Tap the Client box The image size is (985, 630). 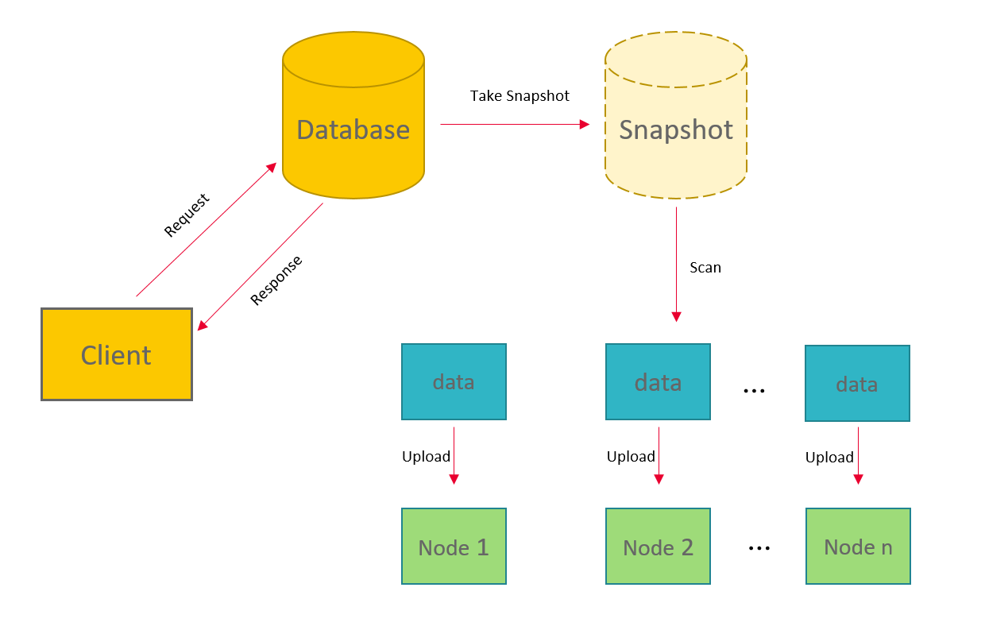[x=117, y=354]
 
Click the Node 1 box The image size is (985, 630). [x=454, y=547]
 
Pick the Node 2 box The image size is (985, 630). [x=658, y=547]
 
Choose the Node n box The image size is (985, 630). [x=858, y=547]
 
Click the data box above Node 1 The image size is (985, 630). [x=454, y=381]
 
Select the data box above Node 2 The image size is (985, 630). [x=658, y=382]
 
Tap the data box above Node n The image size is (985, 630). [x=857, y=383]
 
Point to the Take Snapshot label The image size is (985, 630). [x=520, y=96]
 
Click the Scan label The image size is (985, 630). [x=705, y=268]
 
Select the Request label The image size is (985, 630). [x=187, y=215]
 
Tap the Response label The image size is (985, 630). [x=276, y=280]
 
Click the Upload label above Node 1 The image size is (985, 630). [x=426, y=457]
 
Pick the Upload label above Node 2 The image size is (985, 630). [x=631, y=457]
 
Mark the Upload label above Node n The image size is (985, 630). [x=829, y=458]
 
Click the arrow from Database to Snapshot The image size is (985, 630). [x=515, y=125]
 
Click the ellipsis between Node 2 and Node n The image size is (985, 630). [x=759, y=548]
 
